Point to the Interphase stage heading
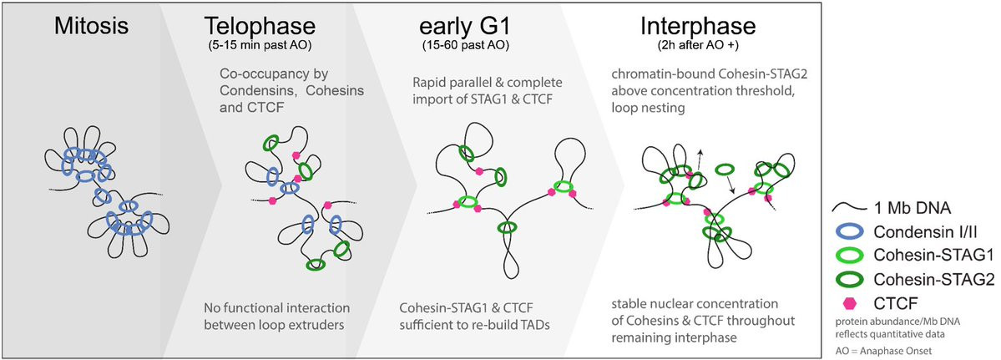pyautogui.click(x=699, y=28)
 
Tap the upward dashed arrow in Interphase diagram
pyautogui.click(x=700, y=159)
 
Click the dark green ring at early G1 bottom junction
pyautogui.click(x=508, y=228)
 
